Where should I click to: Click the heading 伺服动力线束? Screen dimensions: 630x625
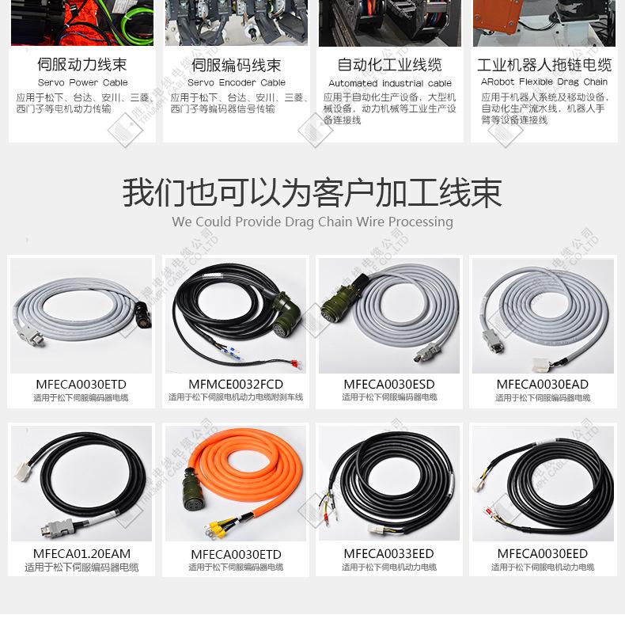[81, 64]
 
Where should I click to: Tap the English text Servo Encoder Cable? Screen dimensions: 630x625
[236, 82]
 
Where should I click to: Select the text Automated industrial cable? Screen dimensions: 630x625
[389, 83]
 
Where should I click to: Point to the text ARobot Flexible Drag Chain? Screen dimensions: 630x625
[544, 82]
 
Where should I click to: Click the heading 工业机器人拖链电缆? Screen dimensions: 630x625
[544, 64]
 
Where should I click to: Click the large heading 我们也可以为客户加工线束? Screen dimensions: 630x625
[312, 192]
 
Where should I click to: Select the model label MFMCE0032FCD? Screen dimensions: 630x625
[236, 384]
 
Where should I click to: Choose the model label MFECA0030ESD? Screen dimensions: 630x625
[389, 384]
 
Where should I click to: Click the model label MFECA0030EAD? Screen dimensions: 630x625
[543, 384]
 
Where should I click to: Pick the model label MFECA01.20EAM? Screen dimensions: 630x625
[81, 553]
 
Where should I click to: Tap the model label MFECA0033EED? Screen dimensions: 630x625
[389, 553]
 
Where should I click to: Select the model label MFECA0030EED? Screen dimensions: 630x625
[543, 553]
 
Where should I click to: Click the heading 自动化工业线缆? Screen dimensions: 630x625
[389, 64]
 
